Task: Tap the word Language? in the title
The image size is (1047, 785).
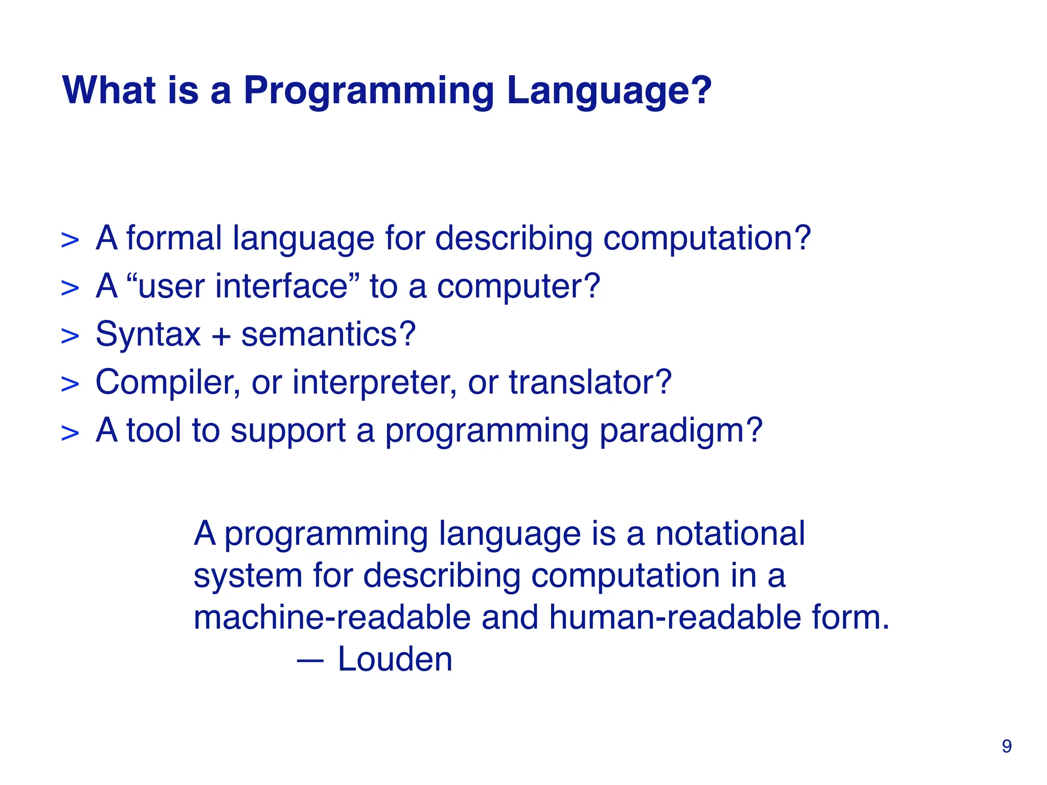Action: point(609,92)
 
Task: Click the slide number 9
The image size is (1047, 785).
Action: point(1006,747)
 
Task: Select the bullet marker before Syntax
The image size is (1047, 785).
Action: point(70,336)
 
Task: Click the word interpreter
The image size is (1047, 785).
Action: point(374,383)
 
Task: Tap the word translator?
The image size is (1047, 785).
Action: point(590,383)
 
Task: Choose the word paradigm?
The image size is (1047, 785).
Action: point(681,431)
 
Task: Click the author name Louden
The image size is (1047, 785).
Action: point(395,659)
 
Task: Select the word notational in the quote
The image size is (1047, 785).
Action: point(730,534)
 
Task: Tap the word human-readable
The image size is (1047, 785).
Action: point(675,617)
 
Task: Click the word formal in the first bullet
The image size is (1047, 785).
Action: point(174,238)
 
